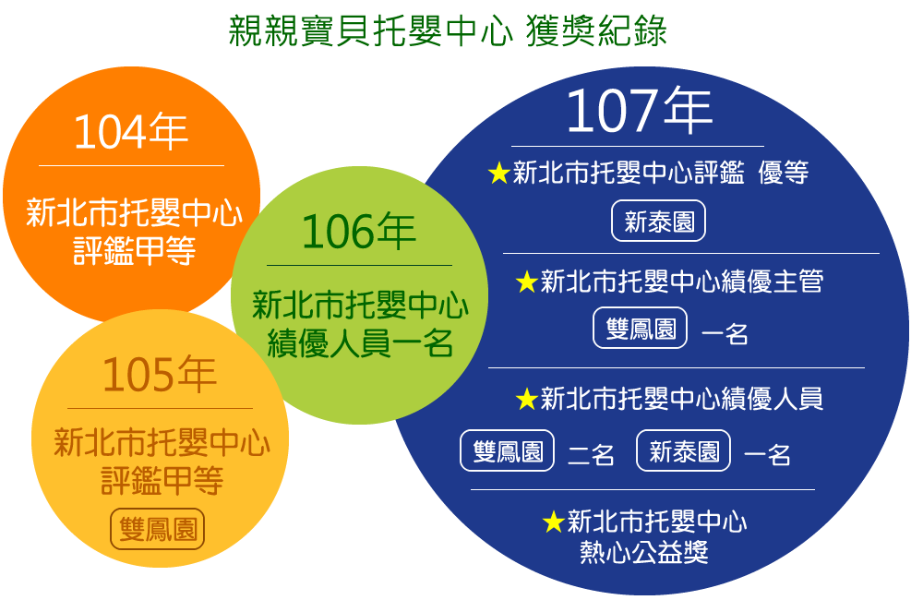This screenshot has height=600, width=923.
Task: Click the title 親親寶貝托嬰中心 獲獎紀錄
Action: pos(448,30)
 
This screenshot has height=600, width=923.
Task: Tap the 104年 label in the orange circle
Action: pos(130,132)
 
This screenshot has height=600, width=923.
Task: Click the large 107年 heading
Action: pos(639,111)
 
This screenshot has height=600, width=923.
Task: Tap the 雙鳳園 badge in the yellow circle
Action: pos(158,529)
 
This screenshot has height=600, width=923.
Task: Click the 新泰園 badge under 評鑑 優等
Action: pos(658,222)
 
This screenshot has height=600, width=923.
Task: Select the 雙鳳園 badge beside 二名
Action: pos(507,451)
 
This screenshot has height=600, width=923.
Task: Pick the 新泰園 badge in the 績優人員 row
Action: pos(683,451)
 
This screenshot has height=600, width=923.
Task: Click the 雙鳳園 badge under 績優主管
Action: pos(640,328)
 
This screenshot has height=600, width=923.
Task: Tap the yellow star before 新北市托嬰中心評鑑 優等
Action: pos(499,173)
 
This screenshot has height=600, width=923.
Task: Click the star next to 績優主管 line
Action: pos(527,282)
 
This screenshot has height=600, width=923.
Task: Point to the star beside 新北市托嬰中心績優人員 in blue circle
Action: pos(527,399)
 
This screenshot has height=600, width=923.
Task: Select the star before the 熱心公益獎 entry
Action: pos(554,522)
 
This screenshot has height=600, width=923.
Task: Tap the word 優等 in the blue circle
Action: pos(783,173)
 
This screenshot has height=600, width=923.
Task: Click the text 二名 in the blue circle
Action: pos(591,454)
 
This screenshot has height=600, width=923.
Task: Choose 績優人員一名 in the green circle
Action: pos(360,343)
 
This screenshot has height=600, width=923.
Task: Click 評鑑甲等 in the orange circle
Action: pos(135,251)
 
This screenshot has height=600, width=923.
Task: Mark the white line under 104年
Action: pos(131,166)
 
